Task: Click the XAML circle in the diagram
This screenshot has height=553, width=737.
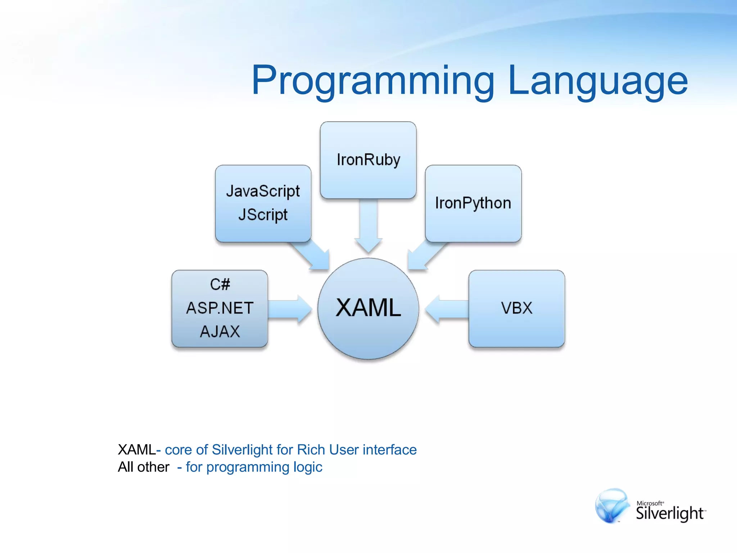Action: click(x=368, y=309)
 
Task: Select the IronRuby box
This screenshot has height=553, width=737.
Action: click(x=368, y=160)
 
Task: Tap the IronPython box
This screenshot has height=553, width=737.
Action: click(x=473, y=203)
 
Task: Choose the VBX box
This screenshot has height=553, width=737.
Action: click(x=516, y=309)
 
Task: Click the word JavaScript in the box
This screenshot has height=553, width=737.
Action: click(x=263, y=191)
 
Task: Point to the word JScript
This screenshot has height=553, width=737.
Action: click(x=263, y=215)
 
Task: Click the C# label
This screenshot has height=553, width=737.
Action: click(x=220, y=284)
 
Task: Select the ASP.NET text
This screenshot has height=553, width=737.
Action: click(x=220, y=308)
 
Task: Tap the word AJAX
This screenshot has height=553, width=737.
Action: click(x=220, y=332)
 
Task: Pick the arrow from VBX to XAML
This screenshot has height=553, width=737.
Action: click(x=446, y=309)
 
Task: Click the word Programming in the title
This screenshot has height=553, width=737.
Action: click(x=372, y=81)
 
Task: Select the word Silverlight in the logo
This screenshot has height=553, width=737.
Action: click(x=669, y=513)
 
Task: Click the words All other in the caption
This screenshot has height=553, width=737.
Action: click(x=143, y=467)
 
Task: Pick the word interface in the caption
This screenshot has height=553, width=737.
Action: click(x=389, y=450)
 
